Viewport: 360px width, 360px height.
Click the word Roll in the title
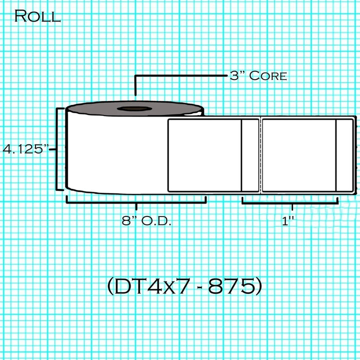click(37, 16)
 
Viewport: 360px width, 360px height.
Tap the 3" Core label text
click(258, 76)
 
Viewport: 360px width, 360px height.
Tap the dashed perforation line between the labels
click(260, 155)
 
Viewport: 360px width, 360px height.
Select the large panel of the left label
click(204, 155)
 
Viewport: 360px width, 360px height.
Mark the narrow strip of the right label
click(344, 155)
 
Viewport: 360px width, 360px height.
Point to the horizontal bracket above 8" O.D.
click(136, 201)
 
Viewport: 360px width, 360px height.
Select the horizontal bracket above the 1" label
click(290, 202)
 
